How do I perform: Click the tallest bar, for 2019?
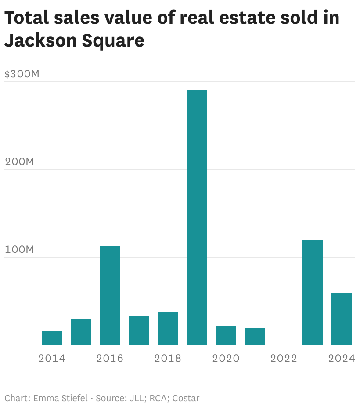[196, 217]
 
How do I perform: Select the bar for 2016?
[109, 295]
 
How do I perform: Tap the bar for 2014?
[52, 338]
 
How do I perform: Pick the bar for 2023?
[313, 292]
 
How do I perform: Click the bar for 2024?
[341, 319]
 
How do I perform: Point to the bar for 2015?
[81, 332]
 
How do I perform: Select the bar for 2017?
[138, 330]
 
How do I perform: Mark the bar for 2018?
[167, 328]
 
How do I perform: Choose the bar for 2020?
[225, 335]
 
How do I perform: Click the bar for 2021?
[254, 336]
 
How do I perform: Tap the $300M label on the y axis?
[22, 74]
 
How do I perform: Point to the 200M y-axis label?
[19, 162]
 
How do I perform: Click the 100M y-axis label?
[19, 249]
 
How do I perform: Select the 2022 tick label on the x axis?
[284, 358]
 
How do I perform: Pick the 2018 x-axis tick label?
[168, 358]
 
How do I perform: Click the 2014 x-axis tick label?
[52, 358]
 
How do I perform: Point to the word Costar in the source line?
[186, 398]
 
